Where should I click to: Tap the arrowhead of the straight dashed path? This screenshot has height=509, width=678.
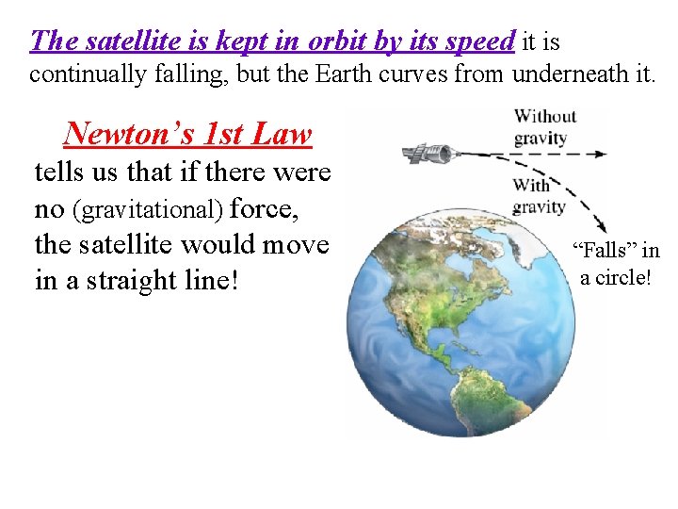pyautogui.click(x=600, y=153)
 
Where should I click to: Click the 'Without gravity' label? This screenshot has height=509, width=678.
pyautogui.click(x=544, y=126)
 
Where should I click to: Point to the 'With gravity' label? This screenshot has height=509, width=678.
pyautogui.click(x=539, y=196)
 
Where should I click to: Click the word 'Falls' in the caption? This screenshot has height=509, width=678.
pyautogui.click(x=605, y=252)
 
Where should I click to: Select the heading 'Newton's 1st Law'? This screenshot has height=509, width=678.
pyautogui.click(x=187, y=134)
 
